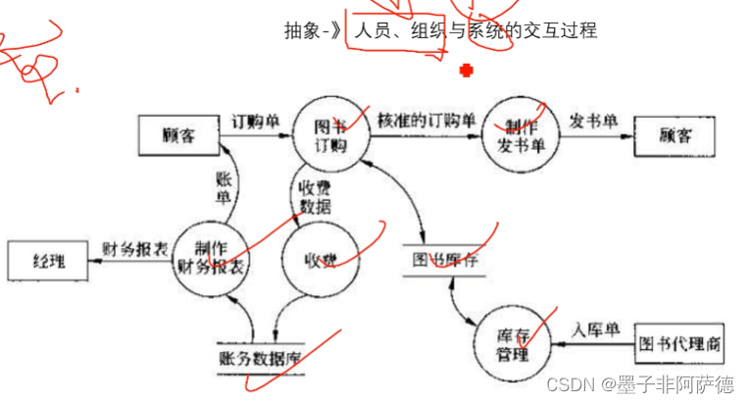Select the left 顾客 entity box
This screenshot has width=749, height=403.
pos(178,135)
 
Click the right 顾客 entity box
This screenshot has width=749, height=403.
pos(676,135)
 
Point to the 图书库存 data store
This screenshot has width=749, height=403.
pos(446,261)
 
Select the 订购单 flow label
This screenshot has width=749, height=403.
pos(256,123)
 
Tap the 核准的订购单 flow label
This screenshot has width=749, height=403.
pos(426,122)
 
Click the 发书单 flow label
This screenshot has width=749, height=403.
pos(593,122)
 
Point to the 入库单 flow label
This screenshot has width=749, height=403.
pos(599,330)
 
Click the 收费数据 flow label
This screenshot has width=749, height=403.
pos(314,196)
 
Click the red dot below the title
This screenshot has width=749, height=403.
pos(467,69)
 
